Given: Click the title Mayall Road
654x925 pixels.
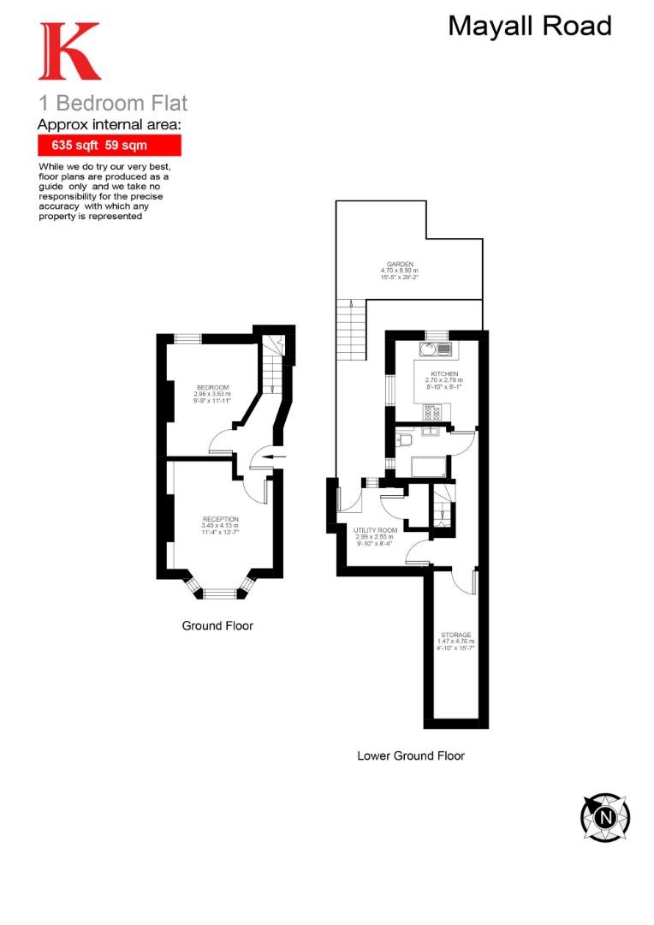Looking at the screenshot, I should [x=530, y=27].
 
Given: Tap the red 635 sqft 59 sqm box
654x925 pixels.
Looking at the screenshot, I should [x=109, y=146].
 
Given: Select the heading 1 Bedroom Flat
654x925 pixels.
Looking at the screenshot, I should [x=112, y=104].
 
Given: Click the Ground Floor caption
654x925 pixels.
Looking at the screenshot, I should [x=217, y=626].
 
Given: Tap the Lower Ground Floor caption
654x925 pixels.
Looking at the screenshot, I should [x=411, y=756].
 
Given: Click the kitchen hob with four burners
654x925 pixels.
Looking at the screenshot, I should [x=431, y=413].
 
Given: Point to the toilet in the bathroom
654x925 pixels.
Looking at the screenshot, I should [x=405, y=440].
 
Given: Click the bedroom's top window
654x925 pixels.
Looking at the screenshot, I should [x=187, y=339].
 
